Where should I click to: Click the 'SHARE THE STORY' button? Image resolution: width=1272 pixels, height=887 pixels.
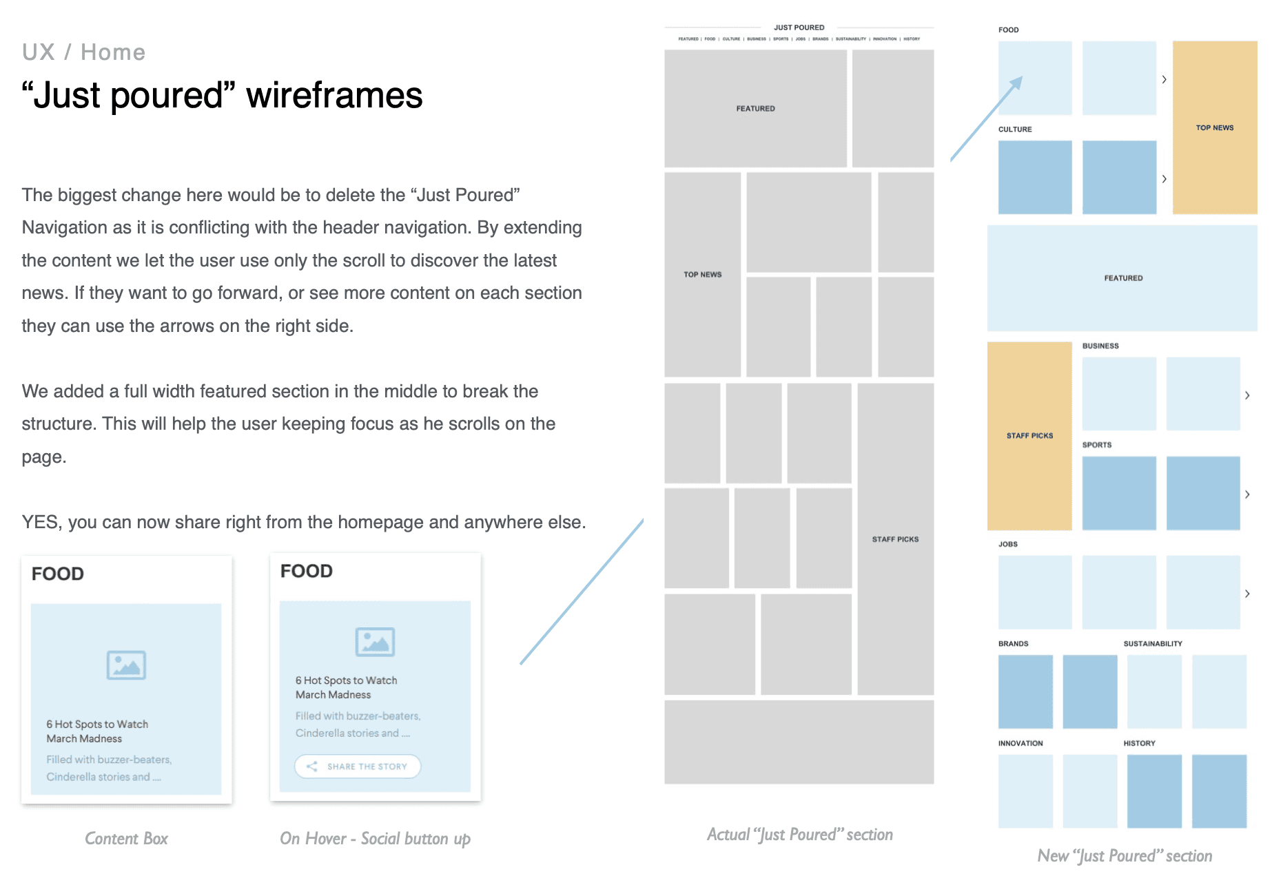point(358,766)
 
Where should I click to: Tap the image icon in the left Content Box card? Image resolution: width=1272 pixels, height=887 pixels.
point(126,665)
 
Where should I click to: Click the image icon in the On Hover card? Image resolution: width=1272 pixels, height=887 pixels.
point(375,642)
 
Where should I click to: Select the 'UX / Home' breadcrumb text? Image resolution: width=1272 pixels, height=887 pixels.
point(83,52)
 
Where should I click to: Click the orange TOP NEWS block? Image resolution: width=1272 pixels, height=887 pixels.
point(1214,128)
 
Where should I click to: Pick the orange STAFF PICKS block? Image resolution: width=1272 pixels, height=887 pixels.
point(1029,436)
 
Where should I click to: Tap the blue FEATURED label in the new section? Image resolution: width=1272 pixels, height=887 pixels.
point(1123,278)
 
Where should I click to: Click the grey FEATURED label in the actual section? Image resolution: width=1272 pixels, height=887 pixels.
point(755,109)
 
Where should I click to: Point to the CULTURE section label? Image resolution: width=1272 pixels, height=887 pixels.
point(1015,129)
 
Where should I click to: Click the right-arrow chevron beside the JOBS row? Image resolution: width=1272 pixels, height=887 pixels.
point(1247,594)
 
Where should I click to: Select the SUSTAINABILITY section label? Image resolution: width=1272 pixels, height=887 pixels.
point(1153,644)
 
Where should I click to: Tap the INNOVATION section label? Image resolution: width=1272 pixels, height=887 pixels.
point(1020,744)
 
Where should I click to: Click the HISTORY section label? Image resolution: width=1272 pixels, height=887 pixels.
point(1139,744)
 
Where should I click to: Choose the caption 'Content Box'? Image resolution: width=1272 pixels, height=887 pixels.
point(126,839)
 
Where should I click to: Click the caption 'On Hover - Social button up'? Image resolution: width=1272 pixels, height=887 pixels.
point(375,839)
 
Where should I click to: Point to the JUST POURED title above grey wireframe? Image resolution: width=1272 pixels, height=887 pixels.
point(799,28)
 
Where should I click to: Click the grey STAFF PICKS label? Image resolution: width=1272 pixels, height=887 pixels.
point(895,539)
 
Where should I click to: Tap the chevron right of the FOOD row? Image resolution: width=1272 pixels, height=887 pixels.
point(1165,80)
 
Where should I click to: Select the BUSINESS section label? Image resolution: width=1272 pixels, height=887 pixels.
point(1100,346)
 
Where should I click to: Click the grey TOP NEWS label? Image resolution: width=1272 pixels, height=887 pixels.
point(702,275)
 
